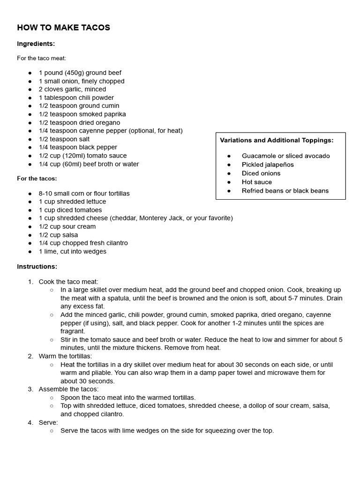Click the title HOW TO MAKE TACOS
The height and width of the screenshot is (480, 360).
[x=63, y=28]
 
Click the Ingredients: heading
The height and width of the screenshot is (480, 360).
[x=36, y=44]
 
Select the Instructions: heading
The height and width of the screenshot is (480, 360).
[x=37, y=266]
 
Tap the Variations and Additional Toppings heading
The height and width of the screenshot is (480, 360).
[x=277, y=140]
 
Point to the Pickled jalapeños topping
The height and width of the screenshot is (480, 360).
[x=268, y=165]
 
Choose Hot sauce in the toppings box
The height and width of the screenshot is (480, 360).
[x=256, y=182]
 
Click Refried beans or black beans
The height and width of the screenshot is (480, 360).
[x=285, y=191]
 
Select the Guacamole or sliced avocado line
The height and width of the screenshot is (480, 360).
[x=285, y=156]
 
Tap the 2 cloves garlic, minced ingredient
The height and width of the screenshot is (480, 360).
[x=72, y=89]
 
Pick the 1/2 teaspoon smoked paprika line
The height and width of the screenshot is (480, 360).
[x=82, y=114]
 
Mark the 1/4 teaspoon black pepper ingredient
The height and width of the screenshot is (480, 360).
[x=78, y=147]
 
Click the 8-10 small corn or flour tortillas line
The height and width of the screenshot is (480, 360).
[x=84, y=193]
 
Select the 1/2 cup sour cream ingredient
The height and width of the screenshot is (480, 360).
[x=67, y=226]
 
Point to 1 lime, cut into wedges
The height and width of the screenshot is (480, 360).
[x=72, y=251]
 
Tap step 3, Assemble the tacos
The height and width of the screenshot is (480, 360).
[x=68, y=389]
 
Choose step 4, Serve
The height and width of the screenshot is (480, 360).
[x=48, y=422]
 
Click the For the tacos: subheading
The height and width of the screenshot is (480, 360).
[x=37, y=179]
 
